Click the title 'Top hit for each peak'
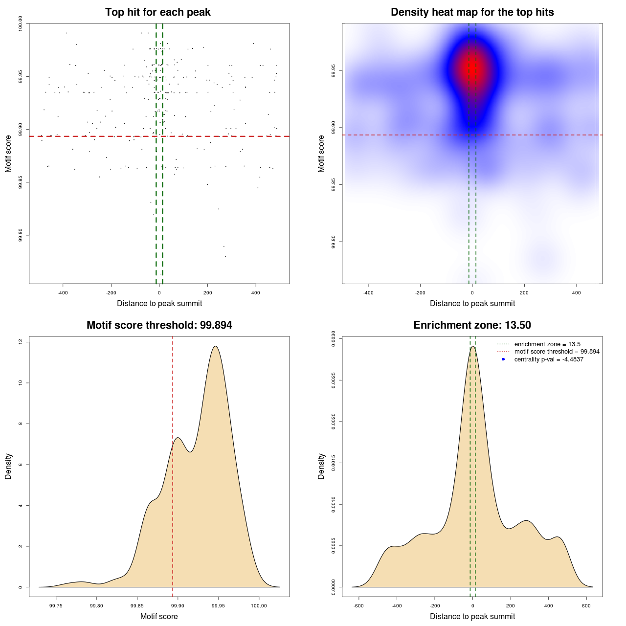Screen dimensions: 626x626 158,12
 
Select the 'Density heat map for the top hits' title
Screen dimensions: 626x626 472,12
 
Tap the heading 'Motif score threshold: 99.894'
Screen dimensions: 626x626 159,325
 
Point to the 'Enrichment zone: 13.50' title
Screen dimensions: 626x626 472,325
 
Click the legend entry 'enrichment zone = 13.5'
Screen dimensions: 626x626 547,344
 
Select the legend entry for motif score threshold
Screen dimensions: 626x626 557,352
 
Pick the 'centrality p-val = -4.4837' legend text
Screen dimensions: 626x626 549,359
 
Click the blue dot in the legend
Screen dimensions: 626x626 503,359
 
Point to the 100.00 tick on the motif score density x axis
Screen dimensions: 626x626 259,605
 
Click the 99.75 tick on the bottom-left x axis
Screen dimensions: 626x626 56,605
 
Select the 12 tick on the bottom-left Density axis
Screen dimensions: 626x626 21,342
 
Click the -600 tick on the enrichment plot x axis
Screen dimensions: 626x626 359,605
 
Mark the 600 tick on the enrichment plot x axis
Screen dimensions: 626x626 586,605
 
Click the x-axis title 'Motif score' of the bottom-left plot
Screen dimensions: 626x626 159,616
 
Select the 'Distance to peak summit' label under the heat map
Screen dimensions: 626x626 472,303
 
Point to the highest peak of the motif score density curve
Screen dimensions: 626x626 215,346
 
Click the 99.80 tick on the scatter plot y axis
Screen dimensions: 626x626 21,235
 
